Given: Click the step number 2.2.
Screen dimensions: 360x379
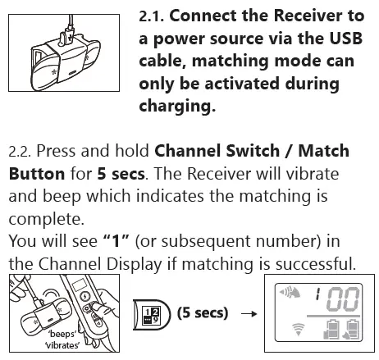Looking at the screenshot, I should (x=21, y=152).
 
